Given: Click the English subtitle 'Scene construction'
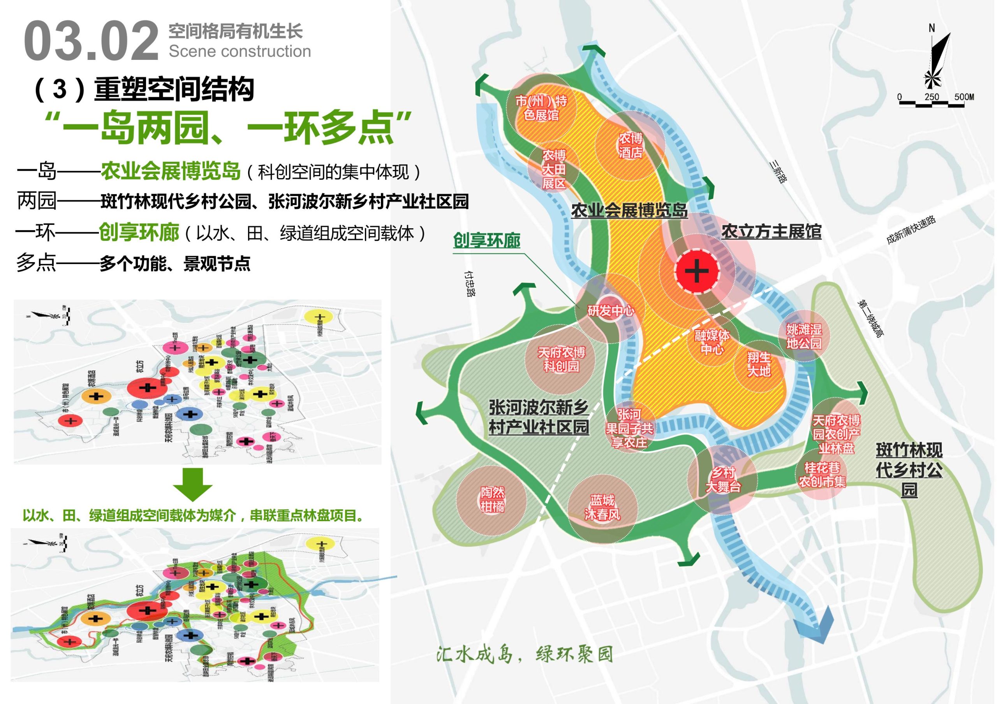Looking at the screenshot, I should coord(240,52).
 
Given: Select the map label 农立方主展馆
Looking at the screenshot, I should coord(771,232).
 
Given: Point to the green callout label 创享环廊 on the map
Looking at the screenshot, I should coord(486,241).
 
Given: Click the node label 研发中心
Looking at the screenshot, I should coord(611,311).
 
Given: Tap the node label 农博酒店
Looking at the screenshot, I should coord(631,145).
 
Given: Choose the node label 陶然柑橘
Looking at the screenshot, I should coord(492,499).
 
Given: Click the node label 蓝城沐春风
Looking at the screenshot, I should coord(602,508).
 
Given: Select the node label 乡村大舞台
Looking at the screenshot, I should coord(722,480).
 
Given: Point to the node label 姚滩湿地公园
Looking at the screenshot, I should coord(804,336).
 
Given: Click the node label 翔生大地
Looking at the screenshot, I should coord(759,364).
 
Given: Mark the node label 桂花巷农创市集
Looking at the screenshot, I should coord(822,475).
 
